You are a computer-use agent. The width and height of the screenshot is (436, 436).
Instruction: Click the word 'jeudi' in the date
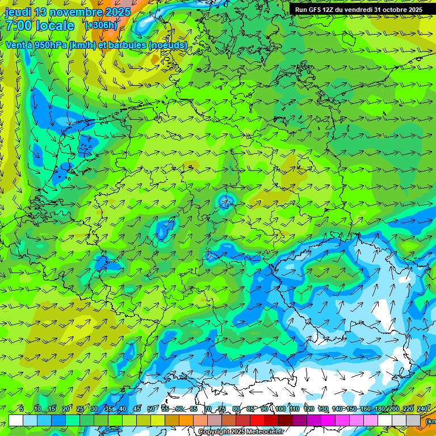coord(18,12)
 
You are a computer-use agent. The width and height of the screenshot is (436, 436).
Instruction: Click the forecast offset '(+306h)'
coord(101,25)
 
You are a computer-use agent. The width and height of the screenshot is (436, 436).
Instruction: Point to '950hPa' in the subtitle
coord(49,45)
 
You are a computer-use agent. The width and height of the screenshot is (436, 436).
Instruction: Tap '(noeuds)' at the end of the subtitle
coord(168,45)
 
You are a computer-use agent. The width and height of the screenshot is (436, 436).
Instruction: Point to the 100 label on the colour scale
coord(280,409)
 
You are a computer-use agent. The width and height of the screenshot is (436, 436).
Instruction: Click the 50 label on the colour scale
coord(151,409)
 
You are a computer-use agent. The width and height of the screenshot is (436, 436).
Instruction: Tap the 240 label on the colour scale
coord(422,409)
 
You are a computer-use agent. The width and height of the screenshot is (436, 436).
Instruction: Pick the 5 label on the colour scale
coord(22,409)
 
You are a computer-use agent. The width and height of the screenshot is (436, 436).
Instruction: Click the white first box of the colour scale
coord(16,420)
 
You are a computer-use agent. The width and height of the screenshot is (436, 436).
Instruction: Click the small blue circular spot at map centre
coord(226,200)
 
